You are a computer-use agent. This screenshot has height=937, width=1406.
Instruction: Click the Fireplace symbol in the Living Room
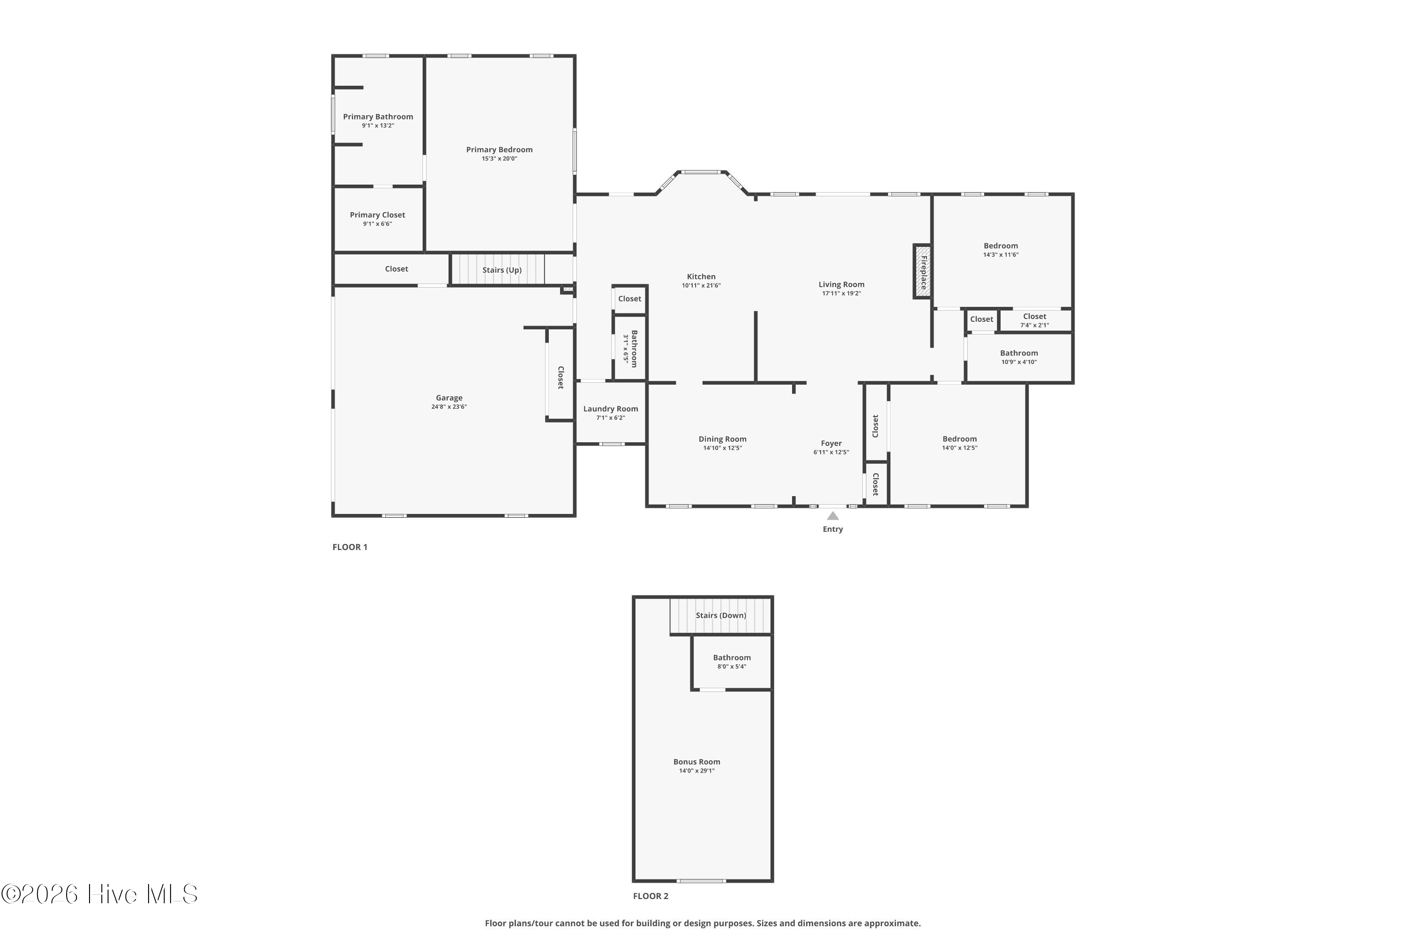(922, 271)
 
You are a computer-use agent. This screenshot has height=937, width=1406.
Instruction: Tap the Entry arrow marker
(833, 516)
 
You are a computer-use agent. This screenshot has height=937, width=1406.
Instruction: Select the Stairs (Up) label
(502, 270)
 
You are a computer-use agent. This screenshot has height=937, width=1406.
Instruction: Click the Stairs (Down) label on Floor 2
(721, 616)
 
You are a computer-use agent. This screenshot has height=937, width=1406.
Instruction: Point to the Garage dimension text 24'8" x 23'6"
(449, 407)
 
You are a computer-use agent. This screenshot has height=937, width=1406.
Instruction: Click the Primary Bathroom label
(378, 117)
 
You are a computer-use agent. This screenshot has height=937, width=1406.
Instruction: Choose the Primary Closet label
(377, 215)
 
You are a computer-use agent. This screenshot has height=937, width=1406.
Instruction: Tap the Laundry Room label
(610, 409)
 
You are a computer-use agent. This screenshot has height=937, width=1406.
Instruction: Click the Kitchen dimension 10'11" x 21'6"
(701, 286)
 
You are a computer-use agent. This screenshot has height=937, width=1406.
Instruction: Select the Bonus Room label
(696, 762)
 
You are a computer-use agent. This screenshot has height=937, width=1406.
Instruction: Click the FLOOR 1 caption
(350, 547)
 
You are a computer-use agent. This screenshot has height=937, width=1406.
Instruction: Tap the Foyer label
(831, 443)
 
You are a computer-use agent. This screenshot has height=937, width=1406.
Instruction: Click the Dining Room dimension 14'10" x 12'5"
(723, 448)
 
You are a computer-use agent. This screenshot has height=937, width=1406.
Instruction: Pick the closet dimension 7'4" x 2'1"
(1034, 326)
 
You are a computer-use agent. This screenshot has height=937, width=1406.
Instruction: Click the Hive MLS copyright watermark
(99, 893)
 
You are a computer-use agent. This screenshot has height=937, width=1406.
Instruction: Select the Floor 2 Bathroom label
(732, 657)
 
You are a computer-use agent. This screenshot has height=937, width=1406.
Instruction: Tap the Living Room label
(842, 284)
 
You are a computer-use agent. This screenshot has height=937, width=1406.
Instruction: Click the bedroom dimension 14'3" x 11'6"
(1001, 254)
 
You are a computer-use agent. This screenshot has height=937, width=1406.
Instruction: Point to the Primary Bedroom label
(499, 149)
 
